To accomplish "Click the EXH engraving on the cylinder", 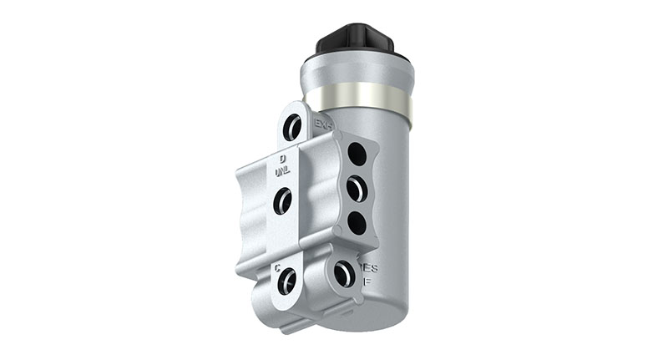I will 323,124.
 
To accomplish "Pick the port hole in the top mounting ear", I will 292,126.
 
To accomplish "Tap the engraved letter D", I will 283,158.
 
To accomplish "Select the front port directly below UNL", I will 283,200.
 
